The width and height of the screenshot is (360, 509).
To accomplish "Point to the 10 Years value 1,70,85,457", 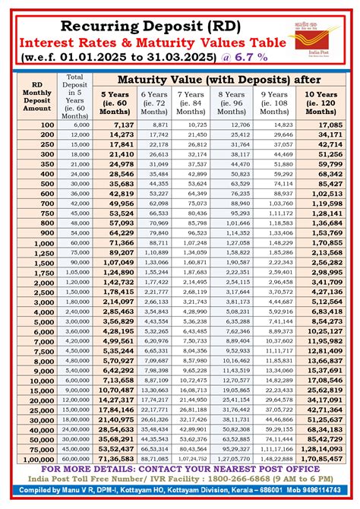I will pos(322,460).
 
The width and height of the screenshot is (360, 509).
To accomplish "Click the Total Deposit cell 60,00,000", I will pos(75,460).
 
